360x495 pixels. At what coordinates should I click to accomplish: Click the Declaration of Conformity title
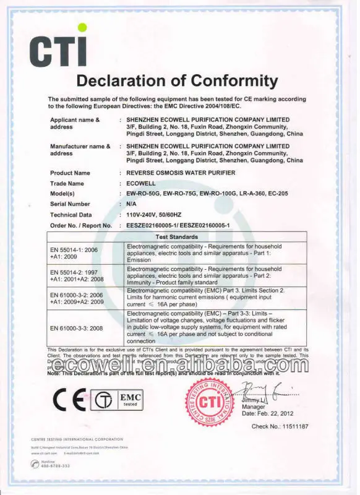[177, 80]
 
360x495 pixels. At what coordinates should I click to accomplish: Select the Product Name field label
[70, 173]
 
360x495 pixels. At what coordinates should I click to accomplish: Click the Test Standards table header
[176, 236]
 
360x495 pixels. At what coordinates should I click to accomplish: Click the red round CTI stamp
[210, 402]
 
